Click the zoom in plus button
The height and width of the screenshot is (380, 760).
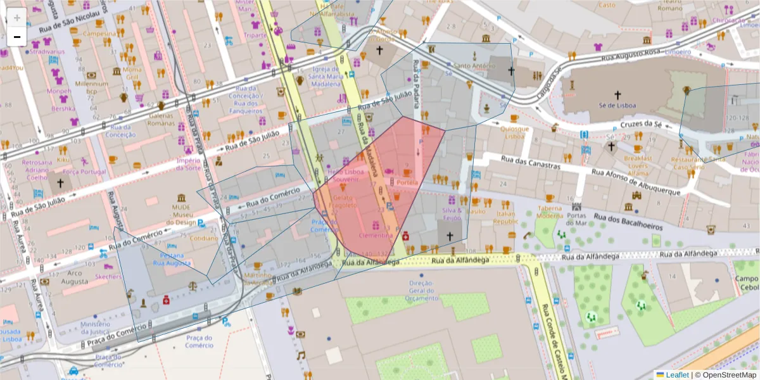pos(16,18)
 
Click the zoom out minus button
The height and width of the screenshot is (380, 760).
pos(16,37)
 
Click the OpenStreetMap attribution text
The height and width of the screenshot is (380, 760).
pos(725,374)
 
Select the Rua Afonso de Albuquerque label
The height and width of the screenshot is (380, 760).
pos(636,182)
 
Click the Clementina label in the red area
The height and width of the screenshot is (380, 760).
pos(376,235)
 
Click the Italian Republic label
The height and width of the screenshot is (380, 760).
pos(506,218)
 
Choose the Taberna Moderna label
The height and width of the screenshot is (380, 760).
pos(550,211)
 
